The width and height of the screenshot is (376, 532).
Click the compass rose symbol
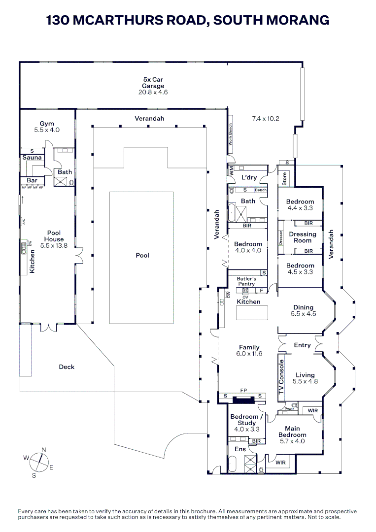(x=39, y=463)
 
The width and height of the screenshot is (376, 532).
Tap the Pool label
(x=142, y=256)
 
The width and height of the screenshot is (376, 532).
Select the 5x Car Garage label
(x=153, y=83)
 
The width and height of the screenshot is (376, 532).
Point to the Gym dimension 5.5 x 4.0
(x=47, y=130)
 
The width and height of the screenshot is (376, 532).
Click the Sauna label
(x=32, y=158)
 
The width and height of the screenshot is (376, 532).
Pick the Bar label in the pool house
(x=32, y=180)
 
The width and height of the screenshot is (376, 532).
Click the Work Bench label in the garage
(x=231, y=134)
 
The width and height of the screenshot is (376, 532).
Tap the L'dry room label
(x=249, y=177)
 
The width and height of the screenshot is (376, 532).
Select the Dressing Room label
(x=303, y=237)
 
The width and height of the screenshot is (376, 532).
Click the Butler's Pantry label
(x=247, y=281)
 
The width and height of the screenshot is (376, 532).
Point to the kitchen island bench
(x=252, y=312)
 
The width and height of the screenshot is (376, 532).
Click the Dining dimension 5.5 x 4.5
(x=304, y=314)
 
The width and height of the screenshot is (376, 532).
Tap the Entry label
(x=303, y=345)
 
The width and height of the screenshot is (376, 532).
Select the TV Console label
(x=281, y=377)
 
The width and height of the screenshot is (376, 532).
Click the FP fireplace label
(x=243, y=391)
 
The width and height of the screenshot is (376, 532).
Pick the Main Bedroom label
(x=293, y=432)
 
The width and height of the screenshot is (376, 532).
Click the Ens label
(x=240, y=449)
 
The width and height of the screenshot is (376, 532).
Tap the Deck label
(x=67, y=367)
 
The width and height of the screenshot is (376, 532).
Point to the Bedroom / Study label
(x=247, y=420)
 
